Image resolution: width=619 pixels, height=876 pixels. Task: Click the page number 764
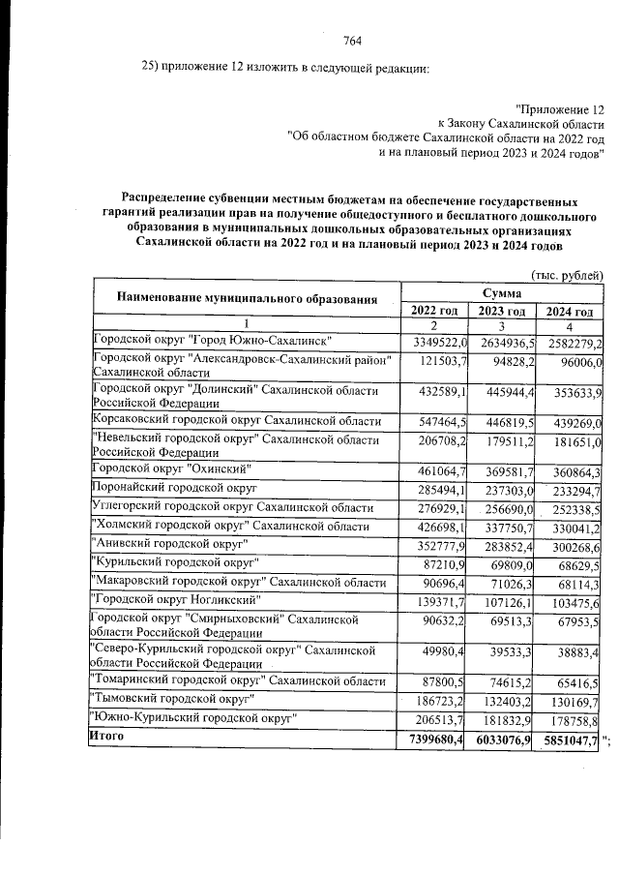click(352, 41)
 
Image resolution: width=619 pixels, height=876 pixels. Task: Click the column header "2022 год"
click(434, 311)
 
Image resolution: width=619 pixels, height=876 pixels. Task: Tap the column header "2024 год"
click(568, 311)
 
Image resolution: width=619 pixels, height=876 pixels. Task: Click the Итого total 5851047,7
click(569, 740)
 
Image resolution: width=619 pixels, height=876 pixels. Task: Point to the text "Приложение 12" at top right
click(560, 109)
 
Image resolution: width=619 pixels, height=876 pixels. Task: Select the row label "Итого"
click(106, 739)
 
